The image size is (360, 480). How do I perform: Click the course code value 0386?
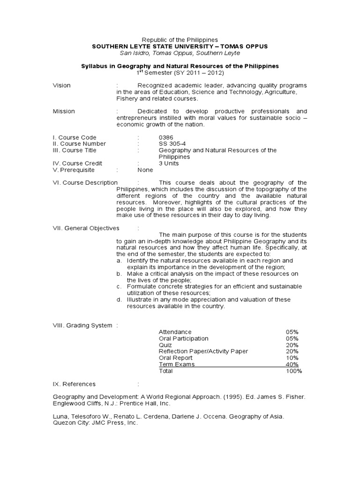point(166,137)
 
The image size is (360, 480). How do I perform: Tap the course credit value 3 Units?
point(169,163)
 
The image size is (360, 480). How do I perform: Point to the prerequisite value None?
point(145,170)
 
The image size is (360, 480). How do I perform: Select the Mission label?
point(63,111)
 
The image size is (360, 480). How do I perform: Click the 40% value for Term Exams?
point(292,364)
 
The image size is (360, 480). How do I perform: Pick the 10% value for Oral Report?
point(292,358)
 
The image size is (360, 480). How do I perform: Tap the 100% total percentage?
point(293,371)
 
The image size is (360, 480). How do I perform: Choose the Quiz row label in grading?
point(165,345)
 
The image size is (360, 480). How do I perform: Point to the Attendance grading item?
point(175,331)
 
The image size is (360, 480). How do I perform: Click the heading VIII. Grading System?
point(82,325)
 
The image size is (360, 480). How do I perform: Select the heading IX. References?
point(74,383)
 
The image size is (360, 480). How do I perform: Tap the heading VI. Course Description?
point(85,182)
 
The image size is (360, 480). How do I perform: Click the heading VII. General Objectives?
point(86,228)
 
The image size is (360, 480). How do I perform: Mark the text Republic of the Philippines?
point(180,40)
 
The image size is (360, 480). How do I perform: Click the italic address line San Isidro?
point(180,53)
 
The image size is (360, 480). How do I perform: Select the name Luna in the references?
point(59,416)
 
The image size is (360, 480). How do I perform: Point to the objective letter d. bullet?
point(120,300)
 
